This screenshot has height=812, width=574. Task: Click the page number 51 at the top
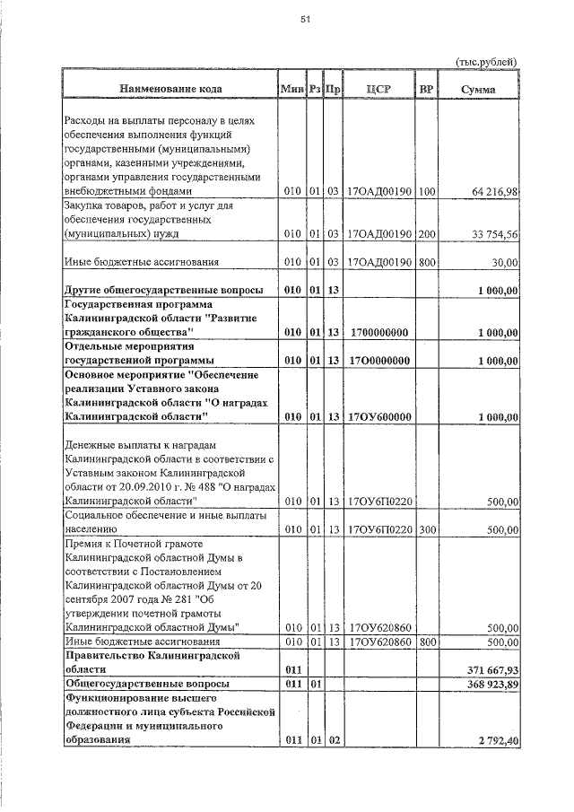pyautogui.click(x=304, y=22)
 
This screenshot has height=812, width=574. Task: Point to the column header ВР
pyautogui.click(x=426, y=89)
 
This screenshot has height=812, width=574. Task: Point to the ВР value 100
pyautogui.click(x=427, y=191)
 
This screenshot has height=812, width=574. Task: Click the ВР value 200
pyautogui.click(x=427, y=234)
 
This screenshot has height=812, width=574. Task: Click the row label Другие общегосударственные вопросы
pyautogui.click(x=164, y=291)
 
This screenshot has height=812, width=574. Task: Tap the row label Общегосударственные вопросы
pyautogui.click(x=146, y=685)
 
